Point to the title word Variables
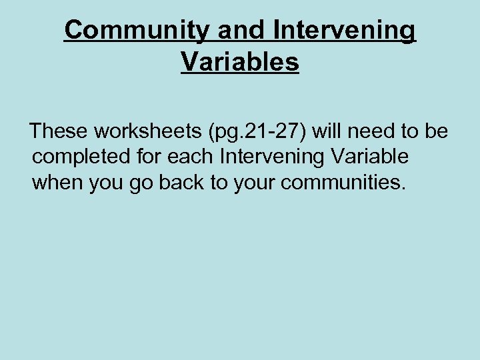(x=240, y=62)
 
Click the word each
(x=185, y=157)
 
